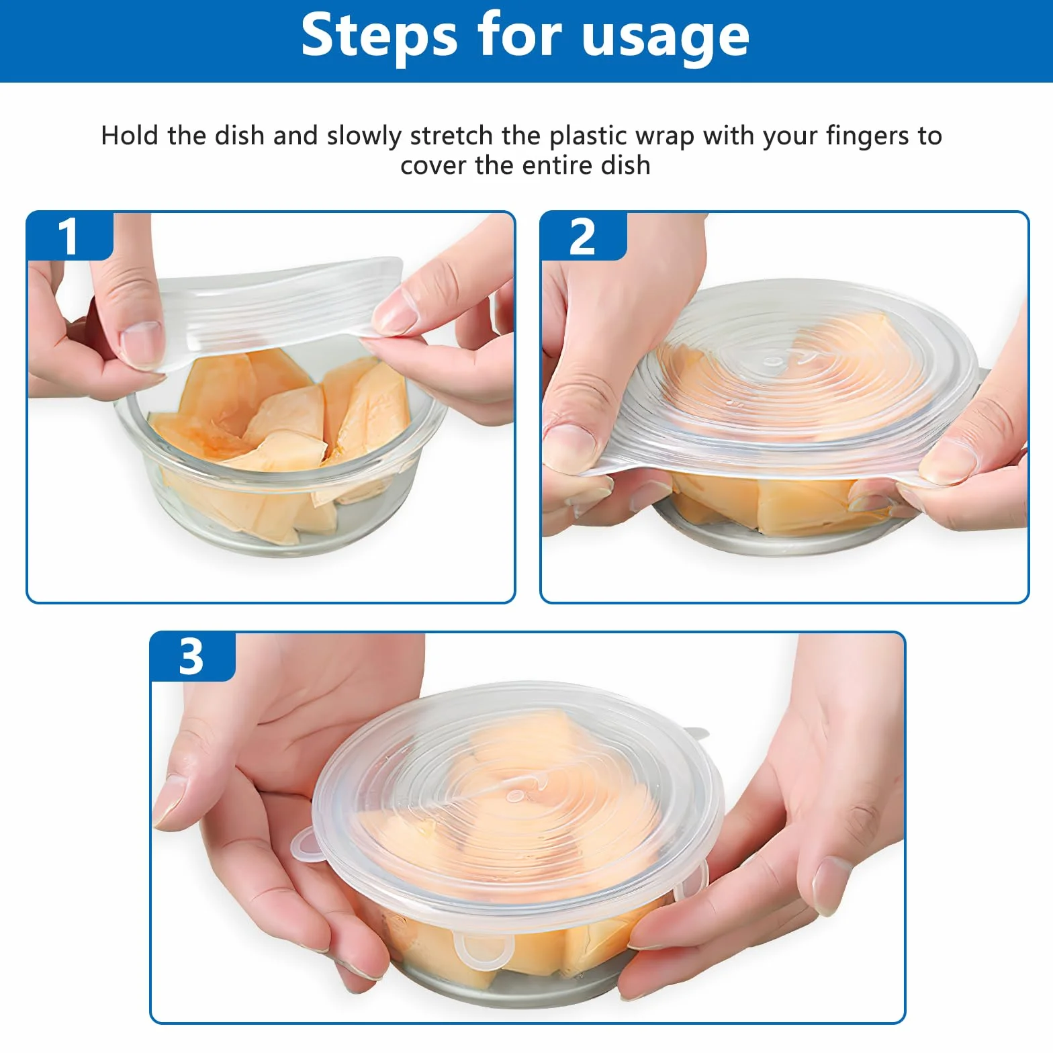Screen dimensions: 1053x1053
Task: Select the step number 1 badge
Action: click(x=68, y=236)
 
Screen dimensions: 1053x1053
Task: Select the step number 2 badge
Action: click(x=582, y=236)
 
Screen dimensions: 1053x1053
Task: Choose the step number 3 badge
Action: click(x=191, y=657)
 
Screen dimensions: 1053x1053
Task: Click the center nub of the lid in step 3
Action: click(x=516, y=796)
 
